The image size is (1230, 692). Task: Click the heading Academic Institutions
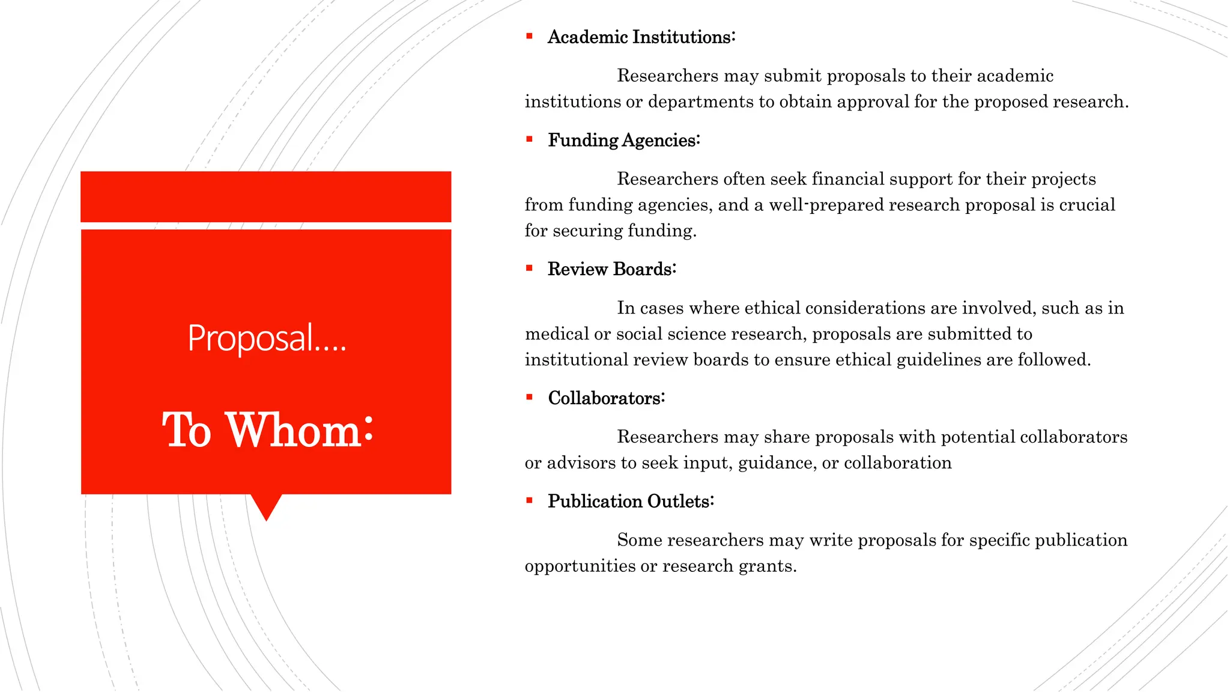(641, 37)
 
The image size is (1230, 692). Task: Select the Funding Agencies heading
(623, 141)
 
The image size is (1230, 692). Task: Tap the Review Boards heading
(611, 269)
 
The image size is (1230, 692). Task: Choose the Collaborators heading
(606, 398)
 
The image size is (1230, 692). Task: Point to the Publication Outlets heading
(631, 502)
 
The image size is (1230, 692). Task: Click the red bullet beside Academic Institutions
(529, 37)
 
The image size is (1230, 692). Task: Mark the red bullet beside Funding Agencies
(529, 140)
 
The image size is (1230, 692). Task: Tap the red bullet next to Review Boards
(529, 269)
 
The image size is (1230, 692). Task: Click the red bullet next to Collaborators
(529, 398)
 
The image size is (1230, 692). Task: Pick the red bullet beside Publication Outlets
(529, 501)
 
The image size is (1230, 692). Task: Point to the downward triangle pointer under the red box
(266, 506)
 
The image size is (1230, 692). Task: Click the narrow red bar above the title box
(265, 196)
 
